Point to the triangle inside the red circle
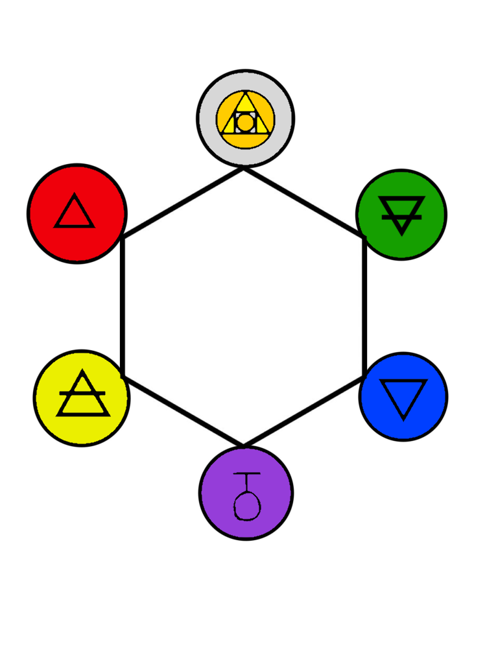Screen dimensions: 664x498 [x=75, y=213]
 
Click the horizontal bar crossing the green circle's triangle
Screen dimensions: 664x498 [x=401, y=217]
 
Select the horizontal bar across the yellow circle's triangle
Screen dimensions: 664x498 [x=82, y=393]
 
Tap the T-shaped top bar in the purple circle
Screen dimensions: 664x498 [x=246, y=474]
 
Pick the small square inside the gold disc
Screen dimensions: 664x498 [x=245, y=122]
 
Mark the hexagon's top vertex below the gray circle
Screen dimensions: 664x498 [x=244, y=169]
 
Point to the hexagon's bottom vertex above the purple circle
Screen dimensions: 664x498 [x=244, y=446]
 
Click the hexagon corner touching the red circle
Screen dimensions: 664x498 [x=123, y=238]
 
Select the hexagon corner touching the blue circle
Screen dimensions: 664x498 [x=364, y=377]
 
